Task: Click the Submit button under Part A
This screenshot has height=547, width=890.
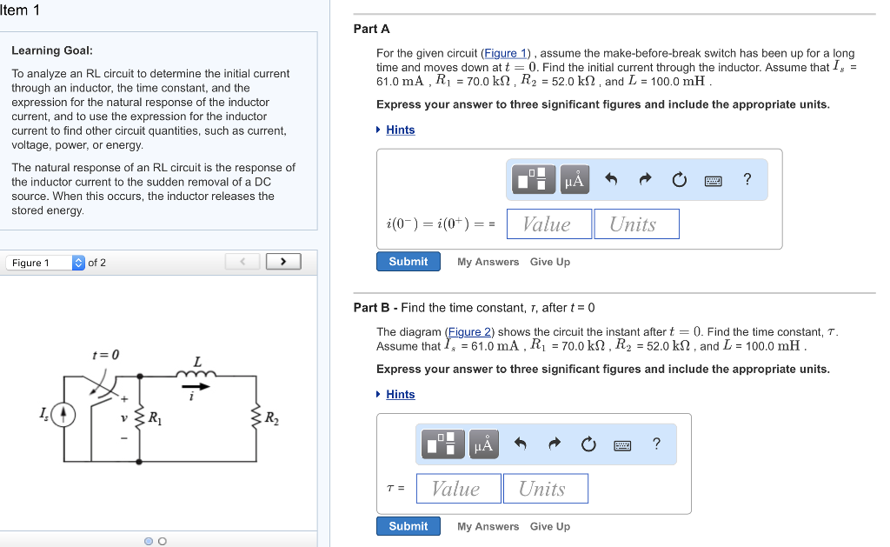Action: coord(408,262)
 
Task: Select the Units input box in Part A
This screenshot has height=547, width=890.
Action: coord(636,224)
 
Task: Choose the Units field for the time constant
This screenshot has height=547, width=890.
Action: coord(545,489)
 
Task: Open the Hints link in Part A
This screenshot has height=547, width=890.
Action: coord(400,130)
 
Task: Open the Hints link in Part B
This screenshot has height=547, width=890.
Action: coord(400,394)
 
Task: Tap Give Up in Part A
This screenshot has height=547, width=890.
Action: coord(550,262)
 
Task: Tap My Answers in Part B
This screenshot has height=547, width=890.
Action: coord(488,526)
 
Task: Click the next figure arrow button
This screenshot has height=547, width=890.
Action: coord(283,262)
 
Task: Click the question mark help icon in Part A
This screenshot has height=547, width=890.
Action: coord(747,180)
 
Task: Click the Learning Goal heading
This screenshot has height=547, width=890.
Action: coord(52,50)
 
